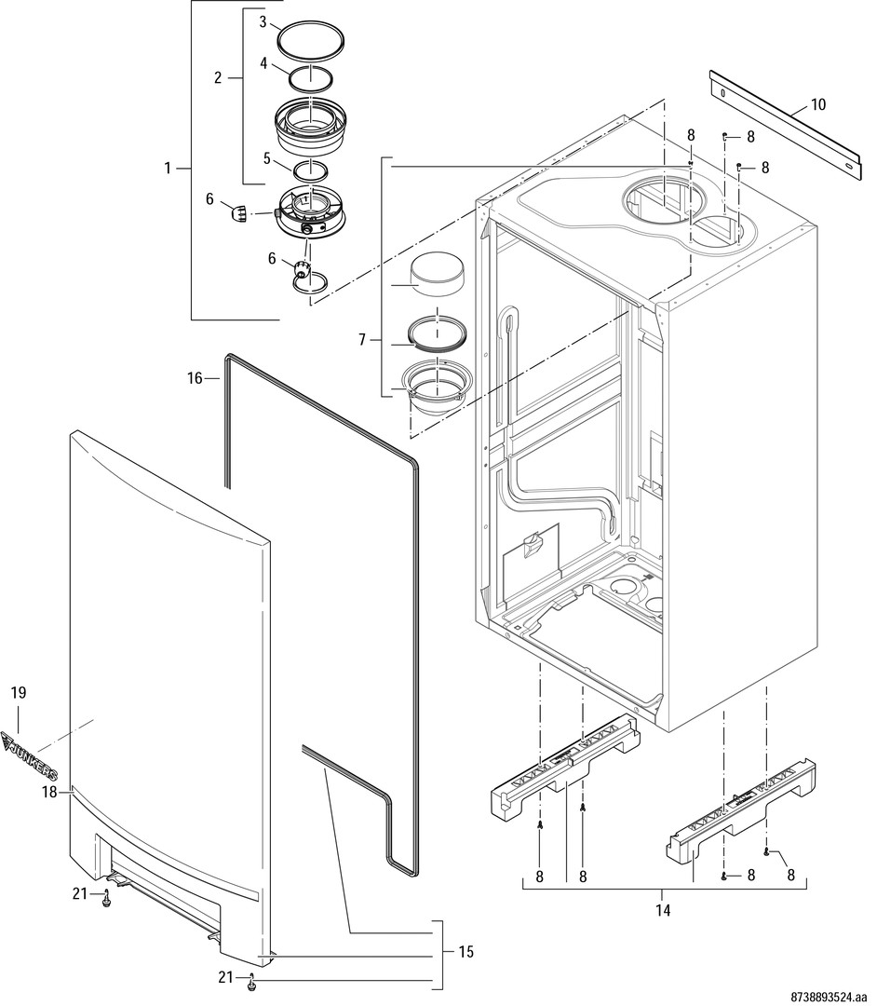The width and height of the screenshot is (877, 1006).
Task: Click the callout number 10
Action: coord(817,104)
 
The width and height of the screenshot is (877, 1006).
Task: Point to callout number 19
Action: coord(19,692)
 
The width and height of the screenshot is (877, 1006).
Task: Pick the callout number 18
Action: coord(50,792)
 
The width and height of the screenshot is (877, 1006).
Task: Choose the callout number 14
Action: coord(662,908)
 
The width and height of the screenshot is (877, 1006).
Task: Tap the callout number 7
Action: coord(362,341)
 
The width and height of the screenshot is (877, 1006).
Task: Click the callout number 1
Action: coord(169,169)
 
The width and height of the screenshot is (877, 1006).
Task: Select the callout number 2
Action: coord(218,77)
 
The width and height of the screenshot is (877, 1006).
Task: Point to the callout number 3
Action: coord(263,20)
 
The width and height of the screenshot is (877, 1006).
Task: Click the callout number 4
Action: coord(263,64)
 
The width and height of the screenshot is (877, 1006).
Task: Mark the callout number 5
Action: coord(266,158)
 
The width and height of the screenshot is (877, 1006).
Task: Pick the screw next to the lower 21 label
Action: coord(251,984)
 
